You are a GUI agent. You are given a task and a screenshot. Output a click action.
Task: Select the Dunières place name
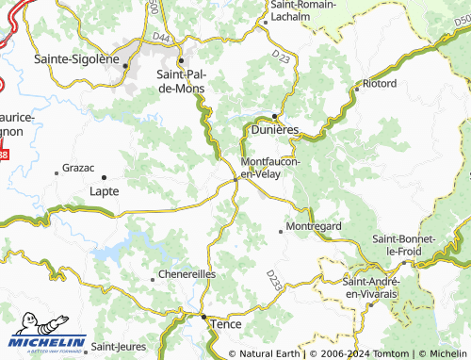click(x=274, y=130)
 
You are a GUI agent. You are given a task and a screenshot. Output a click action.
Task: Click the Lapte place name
click(x=104, y=190)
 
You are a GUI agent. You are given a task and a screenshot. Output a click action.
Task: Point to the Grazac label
click(x=77, y=168)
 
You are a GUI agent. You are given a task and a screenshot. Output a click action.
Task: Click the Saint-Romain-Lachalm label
click(x=304, y=10)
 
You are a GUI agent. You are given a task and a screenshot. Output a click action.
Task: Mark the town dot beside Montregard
click(x=281, y=229)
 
